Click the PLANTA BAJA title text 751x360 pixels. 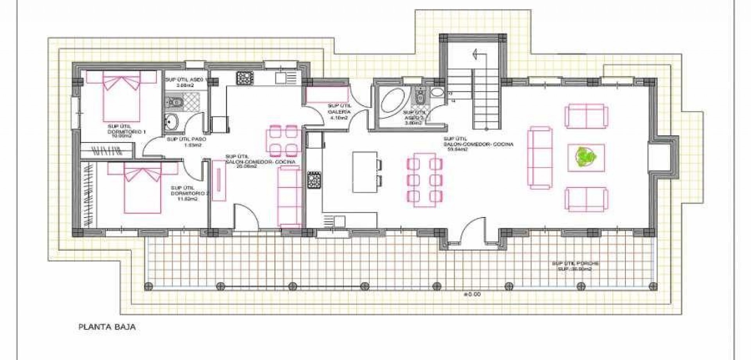pyautogui.click(x=107, y=327)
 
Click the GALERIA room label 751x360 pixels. pyautogui.click(x=340, y=112)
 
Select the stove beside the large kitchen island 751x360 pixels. pyautogui.click(x=314, y=180)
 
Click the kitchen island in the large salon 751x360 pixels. pyautogui.click(x=365, y=172)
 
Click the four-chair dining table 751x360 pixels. pyautogui.click(x=283, y=141)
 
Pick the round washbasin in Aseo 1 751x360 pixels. pyautogui.click(x=171, y=121)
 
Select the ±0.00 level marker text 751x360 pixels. pyautogui.click(x=472, y=294)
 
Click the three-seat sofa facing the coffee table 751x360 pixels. pyautogui.click(x=540, y=157)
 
